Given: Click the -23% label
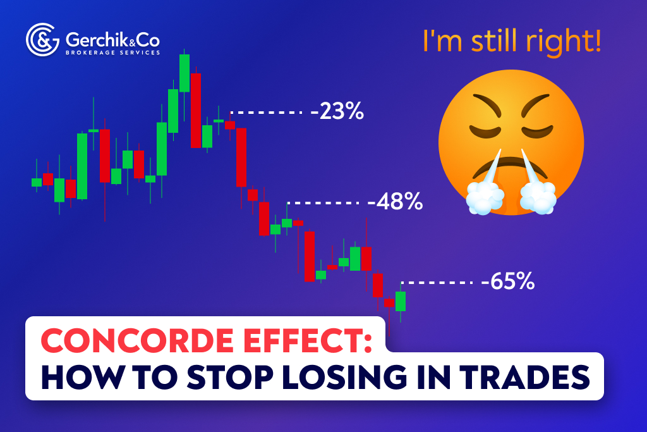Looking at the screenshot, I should (x=337, y=112).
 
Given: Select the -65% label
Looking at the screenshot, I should (x=507, y=281).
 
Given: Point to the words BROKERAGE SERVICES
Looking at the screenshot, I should (x=104, y=52).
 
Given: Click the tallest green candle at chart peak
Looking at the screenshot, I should (x=184, y=73).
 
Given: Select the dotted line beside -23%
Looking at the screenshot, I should (x=265, y=113).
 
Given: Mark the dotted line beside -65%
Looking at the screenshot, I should (x=436, y=281).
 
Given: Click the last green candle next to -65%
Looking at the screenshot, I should (x=400, y=301).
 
